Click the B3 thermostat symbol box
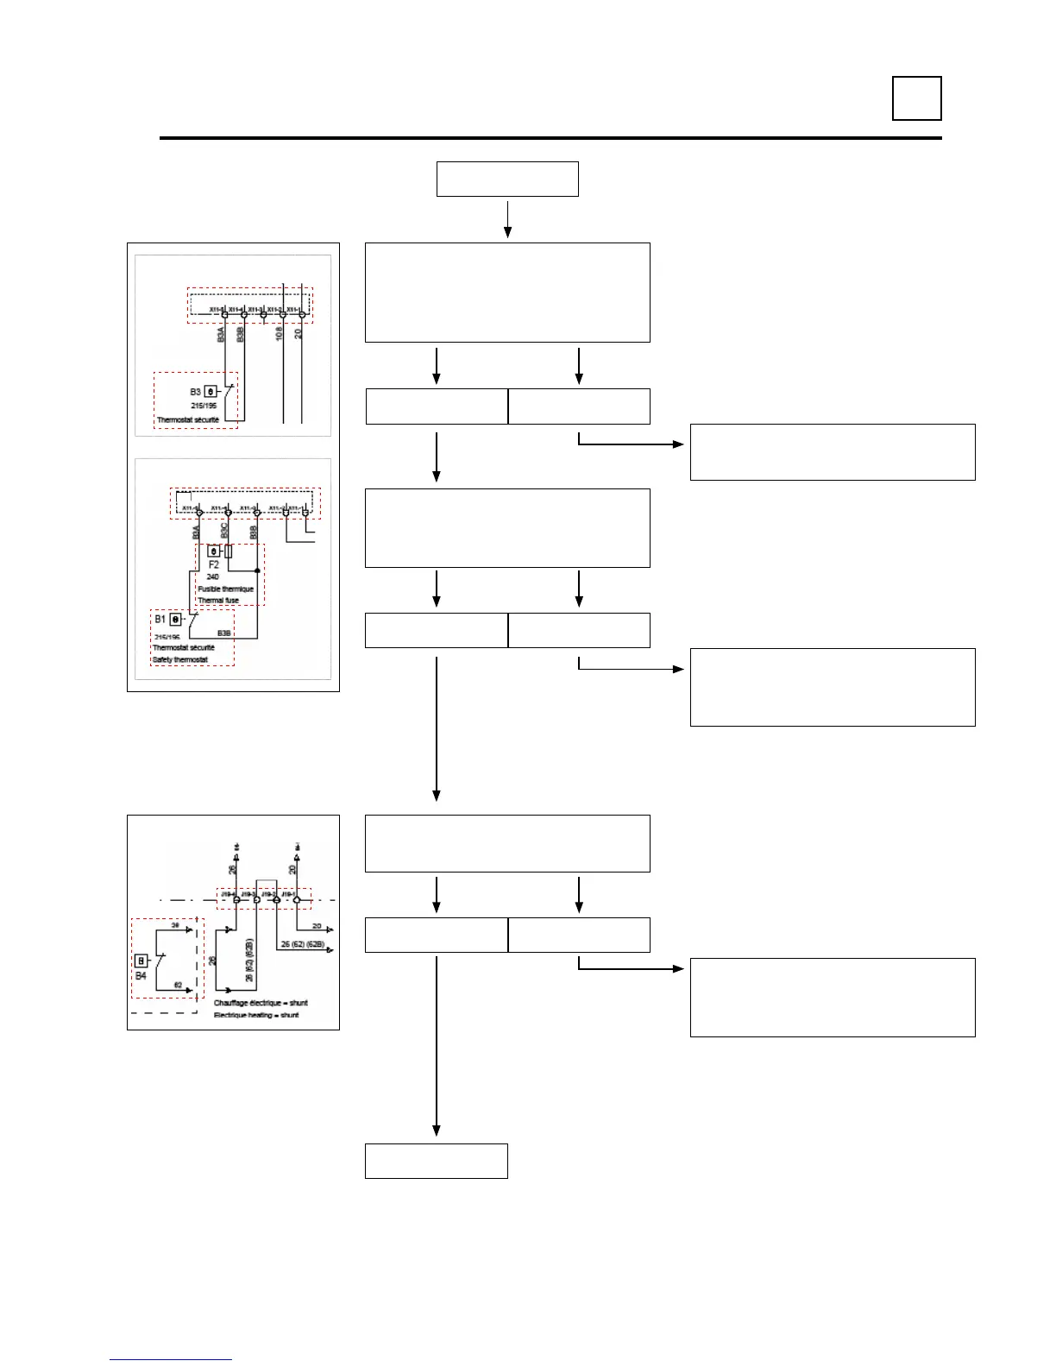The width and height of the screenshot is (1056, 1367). (211, 391)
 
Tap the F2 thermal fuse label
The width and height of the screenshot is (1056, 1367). (214, 564)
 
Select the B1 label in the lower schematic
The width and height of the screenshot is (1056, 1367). (160, 619)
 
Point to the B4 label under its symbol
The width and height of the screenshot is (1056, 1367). (141, 976)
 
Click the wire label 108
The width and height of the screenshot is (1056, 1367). (280, 333)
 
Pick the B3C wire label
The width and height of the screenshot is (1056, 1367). (224, 531)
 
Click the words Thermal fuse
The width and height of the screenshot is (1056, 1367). (218, 601)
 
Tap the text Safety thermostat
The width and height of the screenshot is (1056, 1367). (180, 660)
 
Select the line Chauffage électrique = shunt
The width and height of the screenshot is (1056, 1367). (261, 1003)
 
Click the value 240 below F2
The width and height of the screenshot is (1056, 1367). (213, 576)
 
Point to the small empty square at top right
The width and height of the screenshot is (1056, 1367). (916, 98)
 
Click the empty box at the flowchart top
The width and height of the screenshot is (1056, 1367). (507, 179)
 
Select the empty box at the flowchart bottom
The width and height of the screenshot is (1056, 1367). (436, 1161)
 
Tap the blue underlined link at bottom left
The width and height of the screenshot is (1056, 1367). (171, 1359)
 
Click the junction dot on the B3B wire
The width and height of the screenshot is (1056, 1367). (257, 570)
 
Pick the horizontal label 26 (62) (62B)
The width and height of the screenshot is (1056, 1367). (302, 944)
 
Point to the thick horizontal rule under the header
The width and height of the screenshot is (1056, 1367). (550, 138)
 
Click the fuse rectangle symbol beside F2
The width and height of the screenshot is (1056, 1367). (228, 551)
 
